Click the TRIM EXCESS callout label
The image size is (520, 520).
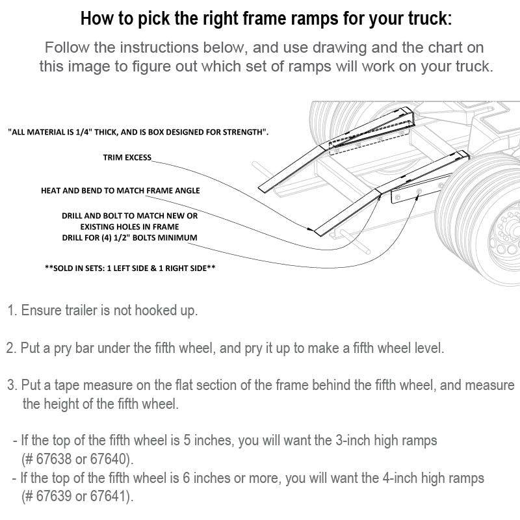pos(127,157)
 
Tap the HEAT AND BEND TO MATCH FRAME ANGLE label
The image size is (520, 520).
pos(120,190)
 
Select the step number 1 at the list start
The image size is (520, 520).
pos(12,310)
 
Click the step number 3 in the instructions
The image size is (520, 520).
pos(12,385)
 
